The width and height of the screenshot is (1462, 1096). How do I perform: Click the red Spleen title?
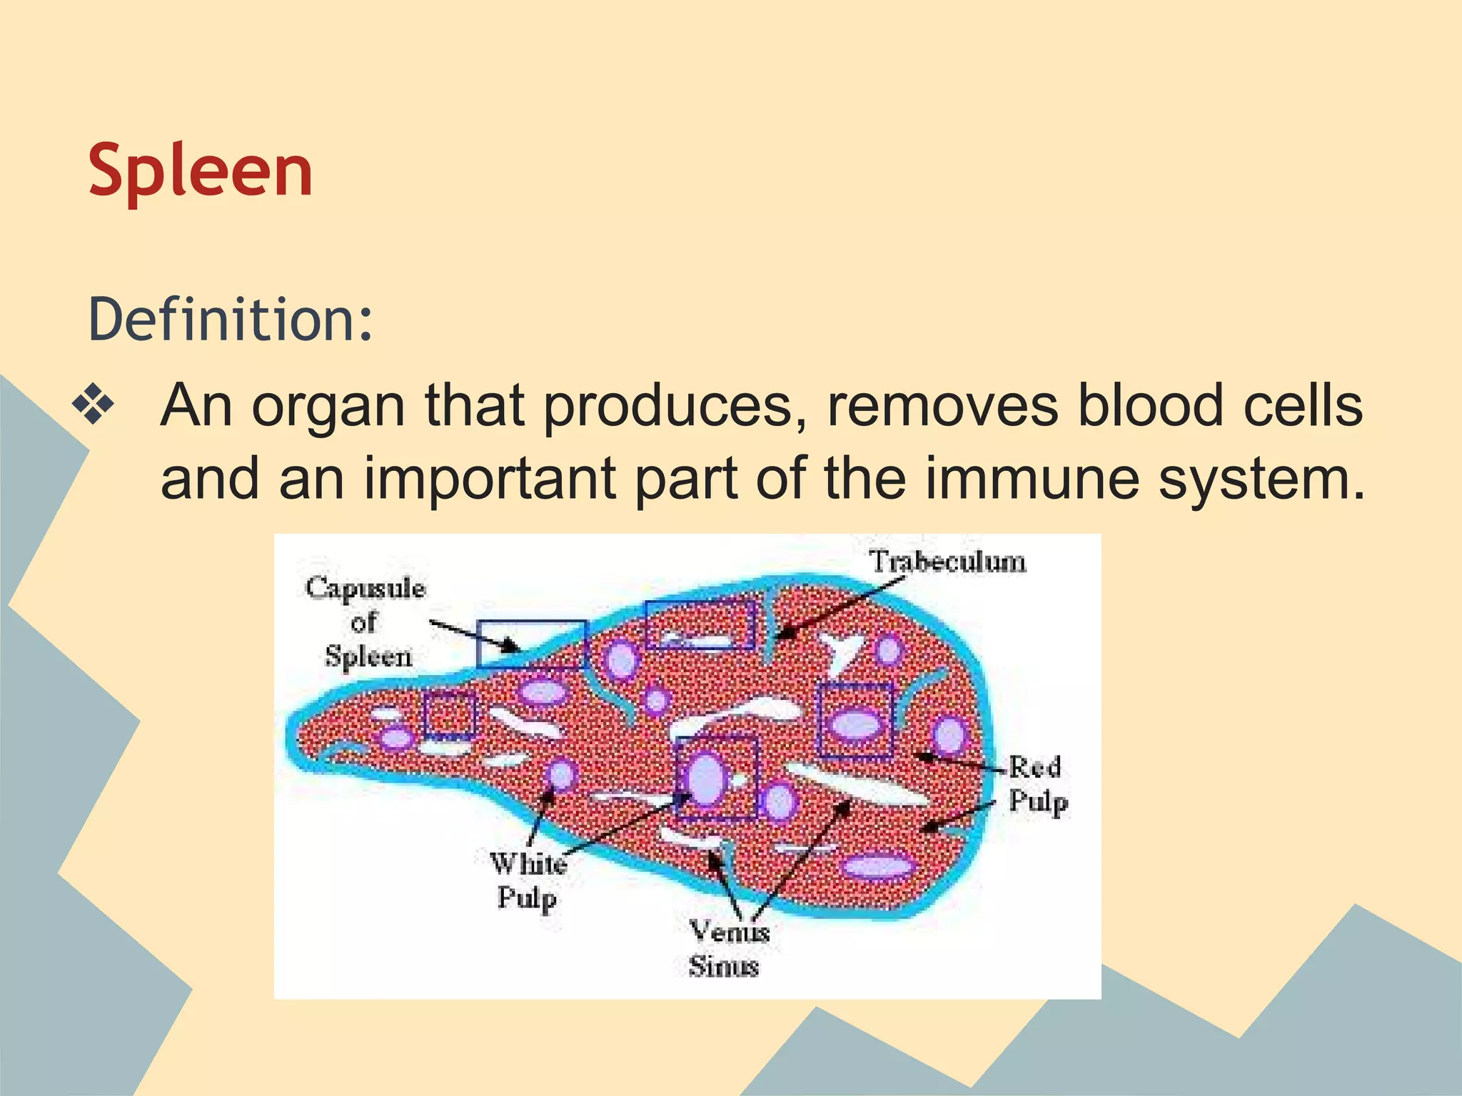click(201, 171)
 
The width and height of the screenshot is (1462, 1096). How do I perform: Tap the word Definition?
click(230, 319)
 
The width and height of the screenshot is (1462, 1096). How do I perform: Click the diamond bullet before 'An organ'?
click(93, 406)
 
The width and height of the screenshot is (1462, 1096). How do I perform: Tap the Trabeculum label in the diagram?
click(947, 562)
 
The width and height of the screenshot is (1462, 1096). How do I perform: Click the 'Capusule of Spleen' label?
click(366, 621)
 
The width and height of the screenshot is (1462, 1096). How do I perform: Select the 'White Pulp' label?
click(528, 881)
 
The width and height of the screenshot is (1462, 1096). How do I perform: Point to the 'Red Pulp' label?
click(1037, 784)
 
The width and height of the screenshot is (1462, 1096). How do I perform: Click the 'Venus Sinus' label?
click(727, 949)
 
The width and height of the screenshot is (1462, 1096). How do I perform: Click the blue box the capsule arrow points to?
click(532, 644)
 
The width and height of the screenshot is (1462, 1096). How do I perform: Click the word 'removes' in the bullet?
click(942, 406)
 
